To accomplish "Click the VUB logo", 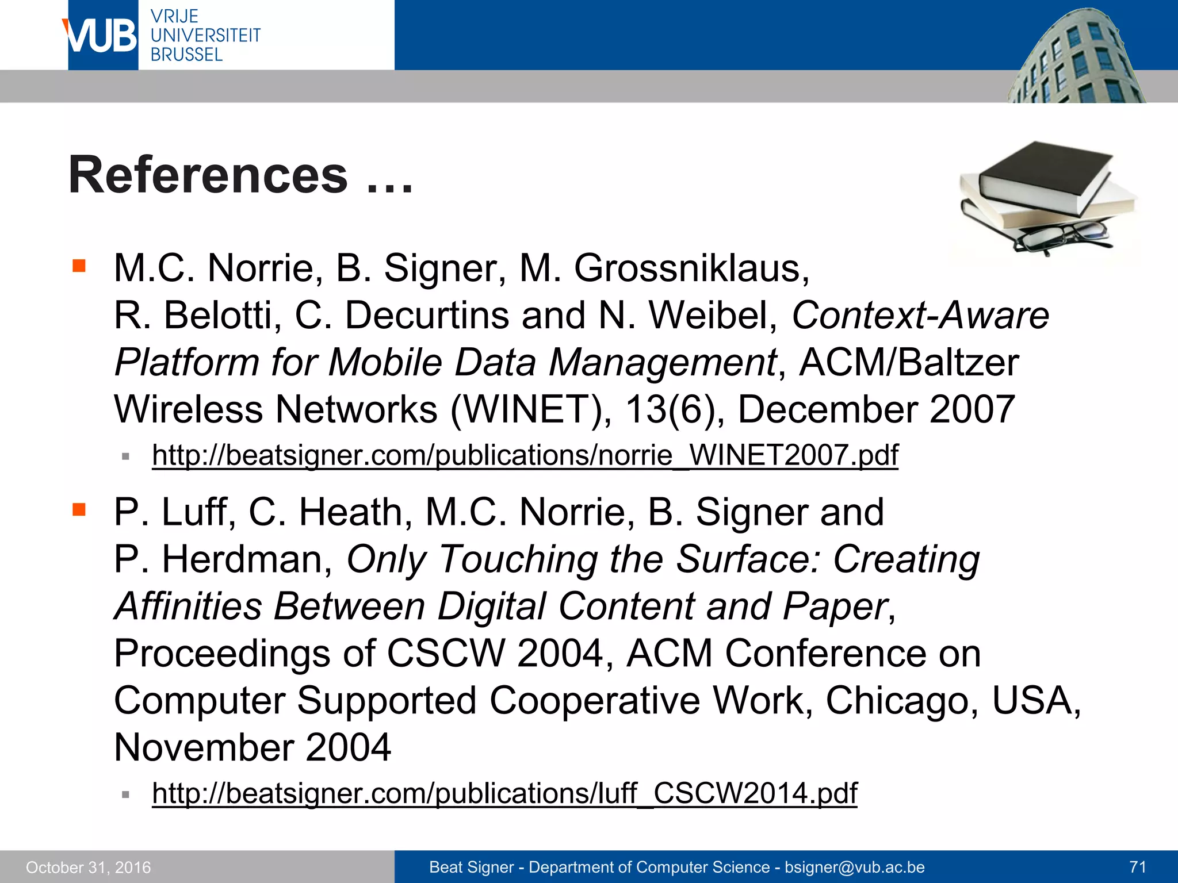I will point(102,36).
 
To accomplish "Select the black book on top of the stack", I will point(1044,172).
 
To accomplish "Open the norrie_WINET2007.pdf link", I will point(525,455).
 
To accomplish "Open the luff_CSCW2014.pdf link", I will point(504,793).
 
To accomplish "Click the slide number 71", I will point(1137,867).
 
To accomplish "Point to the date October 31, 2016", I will point(89,867).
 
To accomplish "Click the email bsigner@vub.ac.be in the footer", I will point(855,867).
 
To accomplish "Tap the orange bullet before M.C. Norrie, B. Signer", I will point(79,266).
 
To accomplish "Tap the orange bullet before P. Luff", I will point(79,509).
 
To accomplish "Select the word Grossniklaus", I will point(691,268).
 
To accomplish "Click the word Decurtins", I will point(427,316).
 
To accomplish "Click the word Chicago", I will point(901,701).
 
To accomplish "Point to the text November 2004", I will point(253,747).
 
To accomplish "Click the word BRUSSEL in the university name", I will point(186,55).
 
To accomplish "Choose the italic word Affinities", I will point(188,606).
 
